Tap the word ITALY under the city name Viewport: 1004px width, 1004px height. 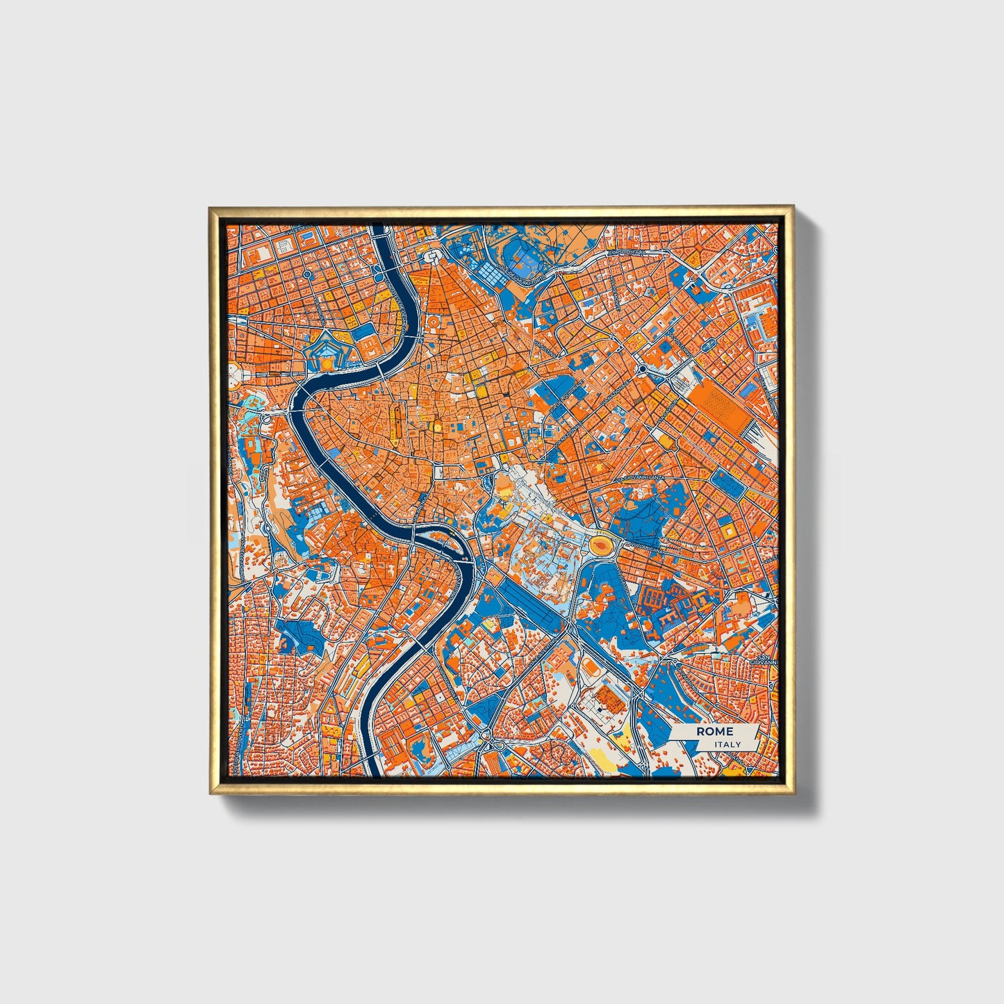coord(727,744)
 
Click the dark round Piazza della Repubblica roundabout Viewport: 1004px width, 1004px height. coord(642,368)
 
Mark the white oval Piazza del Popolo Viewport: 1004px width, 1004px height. coord(432,258)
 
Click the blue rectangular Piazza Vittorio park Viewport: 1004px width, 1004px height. coord(727,481)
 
